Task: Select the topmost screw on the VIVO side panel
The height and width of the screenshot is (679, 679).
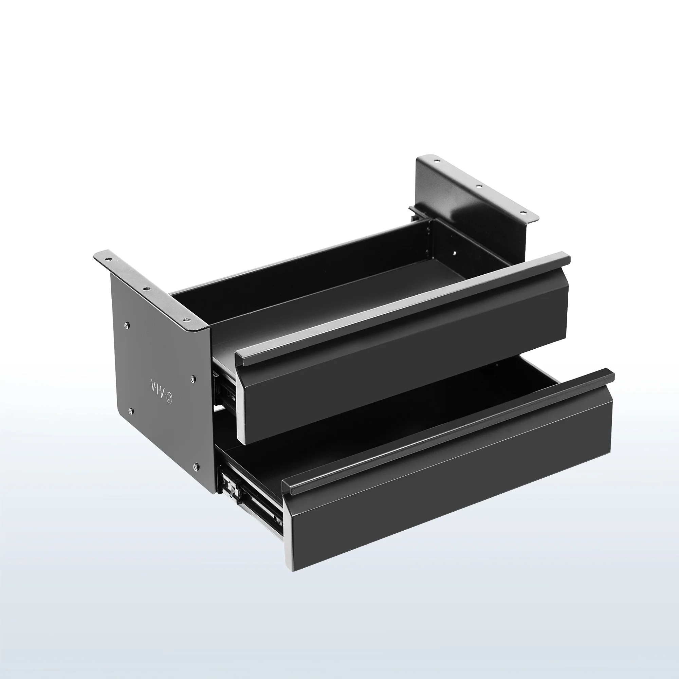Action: pos(127,326)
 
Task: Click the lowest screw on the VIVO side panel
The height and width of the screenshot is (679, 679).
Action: pos(196,467)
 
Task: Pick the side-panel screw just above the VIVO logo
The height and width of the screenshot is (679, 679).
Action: pos(193,379)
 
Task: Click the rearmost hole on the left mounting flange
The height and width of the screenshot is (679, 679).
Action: pos(107,259)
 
